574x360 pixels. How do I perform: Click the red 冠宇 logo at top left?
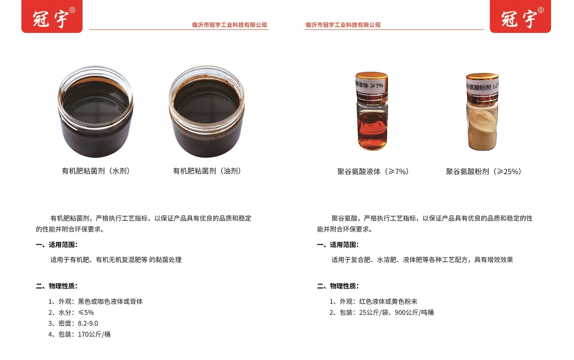[x=52, y=16]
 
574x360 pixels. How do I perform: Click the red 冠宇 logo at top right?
[x=520, y=16]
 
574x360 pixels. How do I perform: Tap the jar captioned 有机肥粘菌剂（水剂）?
[x=95, y=111]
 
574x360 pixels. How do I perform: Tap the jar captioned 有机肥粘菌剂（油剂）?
[x=207, y=111]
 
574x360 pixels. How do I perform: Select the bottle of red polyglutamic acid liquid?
[x=372, y=111]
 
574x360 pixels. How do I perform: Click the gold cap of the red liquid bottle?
[x=371, y=76]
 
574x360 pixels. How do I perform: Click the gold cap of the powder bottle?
[x=482, y=78]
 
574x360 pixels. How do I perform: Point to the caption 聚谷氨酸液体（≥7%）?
[x=373, y=171]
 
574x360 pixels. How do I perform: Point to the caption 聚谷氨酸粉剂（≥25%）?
[x=484, y=171]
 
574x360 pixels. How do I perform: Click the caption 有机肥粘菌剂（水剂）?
[x=96, y=171]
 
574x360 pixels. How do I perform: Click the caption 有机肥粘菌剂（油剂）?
[x=207, y=171]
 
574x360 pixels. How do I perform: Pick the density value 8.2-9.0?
[x=88, y=323]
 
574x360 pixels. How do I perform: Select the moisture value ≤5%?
[x=86, y=312]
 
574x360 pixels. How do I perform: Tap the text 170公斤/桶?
[x=94, y=334]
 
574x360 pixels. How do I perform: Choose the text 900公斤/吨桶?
[x=414, y=312]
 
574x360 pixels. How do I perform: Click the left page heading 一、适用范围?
[x=57, y=245]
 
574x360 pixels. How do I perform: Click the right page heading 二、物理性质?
[x=338, y=286]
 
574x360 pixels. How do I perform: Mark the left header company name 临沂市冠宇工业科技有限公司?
[x=230, y=25]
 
